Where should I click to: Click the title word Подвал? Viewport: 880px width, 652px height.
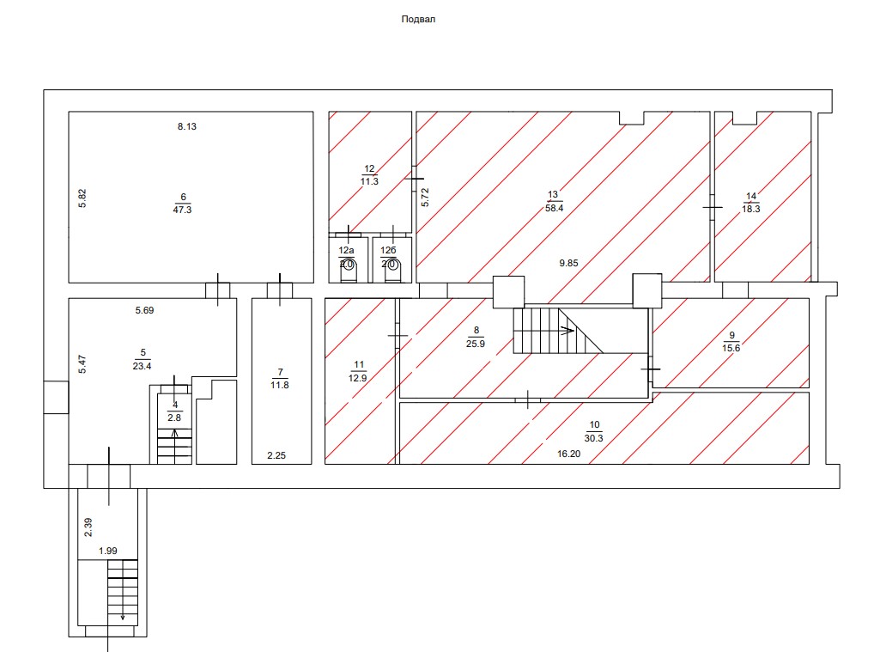[418, 19]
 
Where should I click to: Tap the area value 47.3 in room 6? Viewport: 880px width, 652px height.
[182, 210]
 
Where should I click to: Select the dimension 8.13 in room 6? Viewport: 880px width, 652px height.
[187, 126]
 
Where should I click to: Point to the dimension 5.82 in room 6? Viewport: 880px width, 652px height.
[82, 198]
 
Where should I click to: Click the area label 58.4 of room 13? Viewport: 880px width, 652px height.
[554, 208]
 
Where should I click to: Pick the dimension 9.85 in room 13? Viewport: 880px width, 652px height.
[568, 263]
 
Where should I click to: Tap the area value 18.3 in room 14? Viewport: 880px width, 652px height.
[751, 209]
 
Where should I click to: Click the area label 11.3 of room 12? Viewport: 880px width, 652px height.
[369, 181]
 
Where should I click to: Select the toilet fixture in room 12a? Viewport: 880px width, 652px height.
[349, 270]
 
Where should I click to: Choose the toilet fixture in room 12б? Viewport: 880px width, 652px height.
[392, 270]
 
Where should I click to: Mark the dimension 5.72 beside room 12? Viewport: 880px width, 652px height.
[425, 197]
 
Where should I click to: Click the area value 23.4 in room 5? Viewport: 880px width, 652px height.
[142, 366]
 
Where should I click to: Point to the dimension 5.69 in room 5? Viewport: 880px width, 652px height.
[144, 310]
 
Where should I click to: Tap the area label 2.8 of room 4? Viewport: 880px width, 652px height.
[174, 417]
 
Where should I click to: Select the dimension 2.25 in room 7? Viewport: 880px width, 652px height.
[276, 455]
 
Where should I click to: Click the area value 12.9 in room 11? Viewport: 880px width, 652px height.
[357, 378]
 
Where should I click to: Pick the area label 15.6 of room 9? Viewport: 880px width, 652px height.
[731, 348]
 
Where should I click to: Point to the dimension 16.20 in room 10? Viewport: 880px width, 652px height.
[568, 454]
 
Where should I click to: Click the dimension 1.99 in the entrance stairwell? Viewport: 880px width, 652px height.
[108, 551]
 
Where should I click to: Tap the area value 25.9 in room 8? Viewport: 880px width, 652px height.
[476, 344]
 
